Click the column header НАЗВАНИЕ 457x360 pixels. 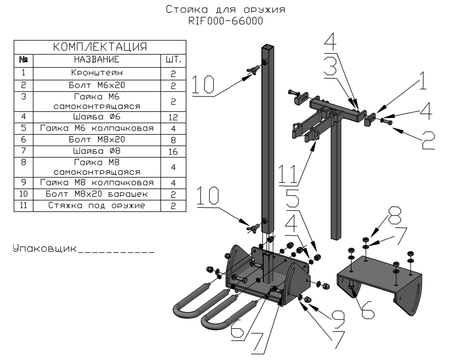tap(96, 60)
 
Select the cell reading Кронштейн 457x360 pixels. tap(96, 73)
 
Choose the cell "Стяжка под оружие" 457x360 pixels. tap(96, 206)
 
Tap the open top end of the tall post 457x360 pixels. tap(268, 47)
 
